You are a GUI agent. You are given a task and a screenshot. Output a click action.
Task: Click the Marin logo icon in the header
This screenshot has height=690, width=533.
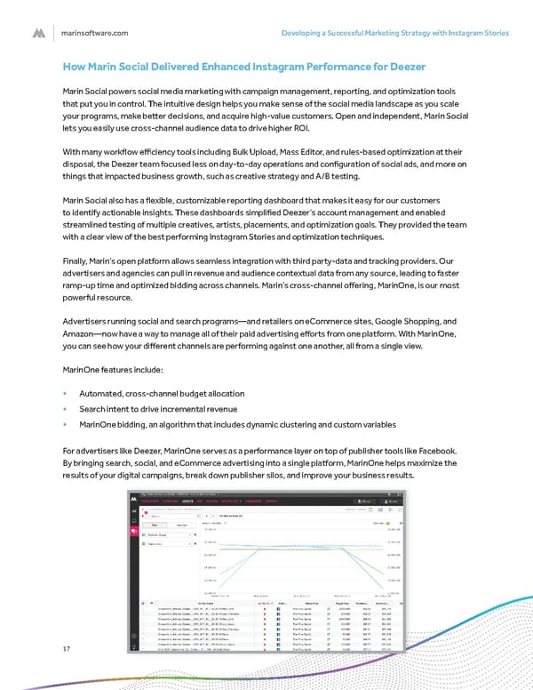39,33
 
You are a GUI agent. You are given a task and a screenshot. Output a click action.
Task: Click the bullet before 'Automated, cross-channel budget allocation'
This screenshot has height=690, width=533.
65,393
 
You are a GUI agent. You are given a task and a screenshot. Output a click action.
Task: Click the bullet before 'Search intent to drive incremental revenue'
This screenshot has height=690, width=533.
65,408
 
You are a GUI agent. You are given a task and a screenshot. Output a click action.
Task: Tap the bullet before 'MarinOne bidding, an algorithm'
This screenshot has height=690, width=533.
65,423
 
